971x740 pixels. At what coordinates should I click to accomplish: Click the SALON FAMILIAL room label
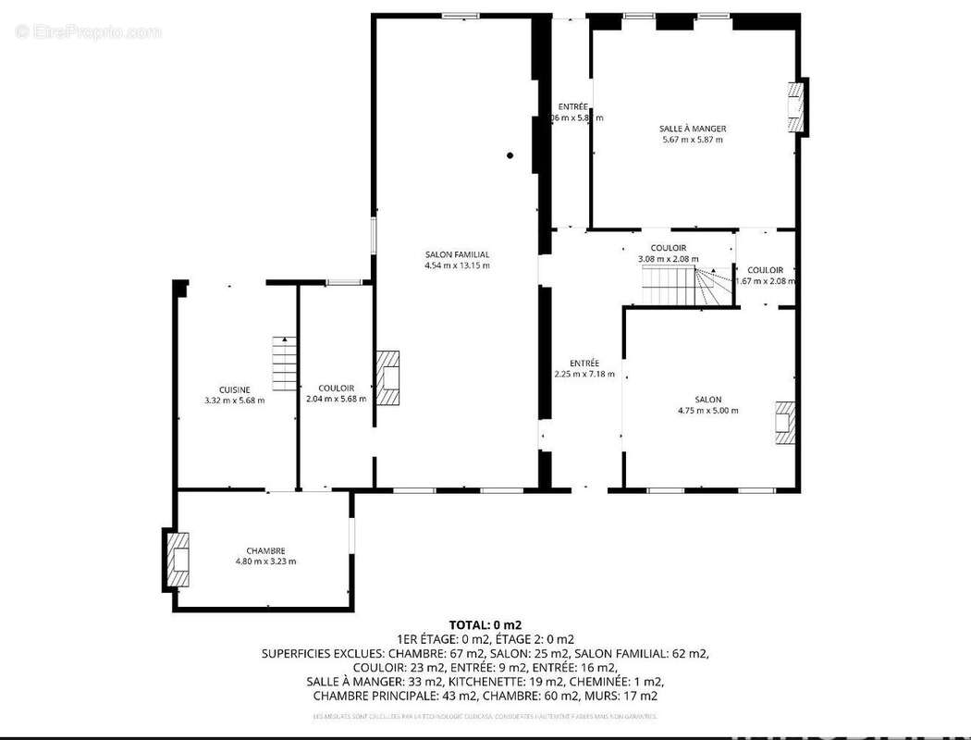tap(457, 254)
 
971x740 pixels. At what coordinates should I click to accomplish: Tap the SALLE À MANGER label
tap(693, 129)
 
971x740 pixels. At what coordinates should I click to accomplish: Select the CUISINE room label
tap(234, 389)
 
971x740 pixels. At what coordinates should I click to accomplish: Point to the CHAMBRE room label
tap(265, 550)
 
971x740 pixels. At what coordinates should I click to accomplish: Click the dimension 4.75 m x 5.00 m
tap(707, 411)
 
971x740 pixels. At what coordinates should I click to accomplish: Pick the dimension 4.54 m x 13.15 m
tap(457, 265)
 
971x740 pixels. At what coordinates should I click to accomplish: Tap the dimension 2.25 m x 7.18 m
tap(584, 374)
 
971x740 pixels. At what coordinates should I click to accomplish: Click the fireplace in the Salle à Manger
tap(795, 106)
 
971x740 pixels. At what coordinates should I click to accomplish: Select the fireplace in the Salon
tap(785, 423)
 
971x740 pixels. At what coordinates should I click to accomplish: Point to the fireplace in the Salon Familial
tap(387, 377)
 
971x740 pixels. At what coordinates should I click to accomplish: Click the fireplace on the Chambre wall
tap(177, 559)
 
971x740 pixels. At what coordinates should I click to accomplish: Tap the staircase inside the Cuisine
tap(284, 363)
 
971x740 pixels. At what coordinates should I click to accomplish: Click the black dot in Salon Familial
tap(510, 155)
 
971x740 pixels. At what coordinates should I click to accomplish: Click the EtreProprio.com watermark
tap(88, 32)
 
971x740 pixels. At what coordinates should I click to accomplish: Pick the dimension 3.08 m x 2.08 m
tap(668, 259)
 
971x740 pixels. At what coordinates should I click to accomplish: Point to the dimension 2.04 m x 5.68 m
tap(336, 400)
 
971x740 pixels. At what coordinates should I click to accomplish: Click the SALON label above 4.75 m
tap(708, 400)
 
